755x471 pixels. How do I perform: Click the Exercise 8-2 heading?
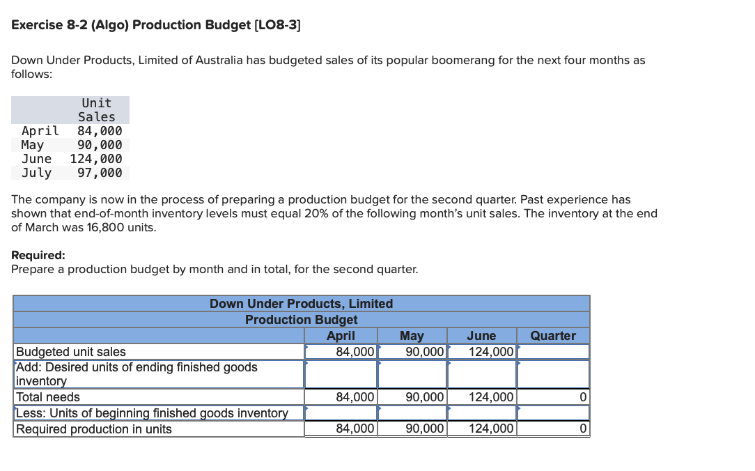tap(156, 25)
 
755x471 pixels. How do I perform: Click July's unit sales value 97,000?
tap(100, 173)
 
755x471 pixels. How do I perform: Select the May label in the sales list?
tap(33, 145)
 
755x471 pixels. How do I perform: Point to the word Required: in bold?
tap(38, 255)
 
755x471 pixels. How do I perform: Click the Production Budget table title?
tap(301, 320)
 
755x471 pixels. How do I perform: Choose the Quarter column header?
tap(553, 336)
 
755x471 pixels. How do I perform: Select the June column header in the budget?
tap(481, 336)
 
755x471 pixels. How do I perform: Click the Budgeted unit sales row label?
tap(71, 352)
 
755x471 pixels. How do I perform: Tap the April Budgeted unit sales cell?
tap(341, 352)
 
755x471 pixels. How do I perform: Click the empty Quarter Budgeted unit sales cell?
tap(553, 352)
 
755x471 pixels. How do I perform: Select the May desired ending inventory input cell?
tap(412, 373)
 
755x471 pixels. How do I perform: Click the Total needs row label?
tap(48, 397)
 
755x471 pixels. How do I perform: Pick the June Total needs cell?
tap(481, 397)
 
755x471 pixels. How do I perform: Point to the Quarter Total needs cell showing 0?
tap(553, 397)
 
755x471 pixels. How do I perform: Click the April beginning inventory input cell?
tap(341, 413)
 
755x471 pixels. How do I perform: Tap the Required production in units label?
tap(94, 429)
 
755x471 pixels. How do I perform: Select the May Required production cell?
tap(412, 429)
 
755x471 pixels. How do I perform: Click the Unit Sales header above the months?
tap(97, 110)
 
